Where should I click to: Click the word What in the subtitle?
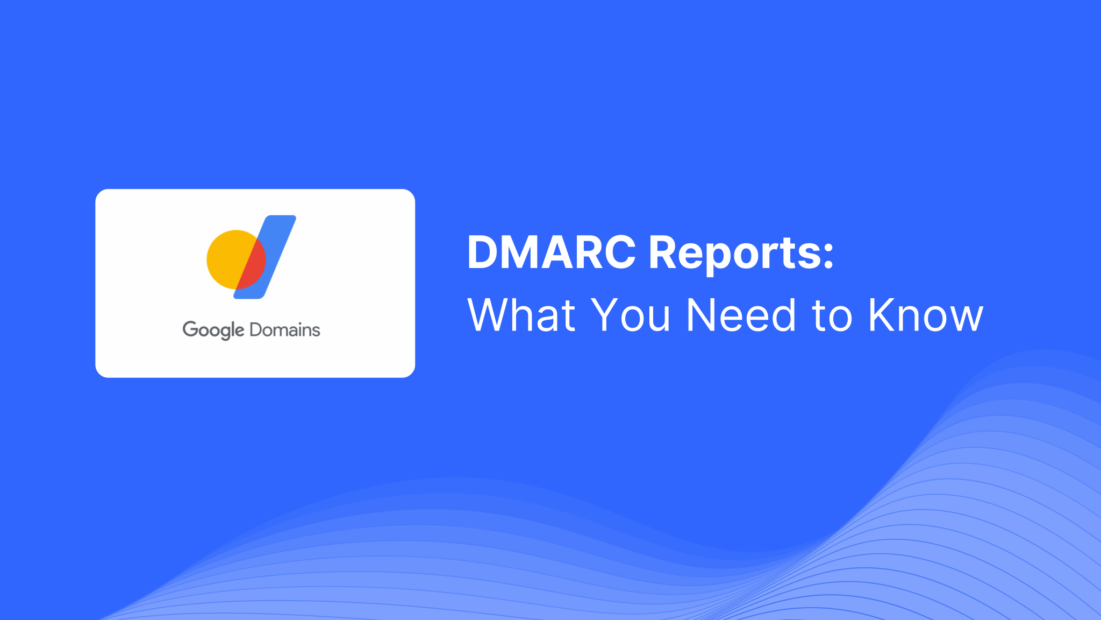[x=521, y=315]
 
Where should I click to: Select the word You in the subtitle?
[x=630, y=315]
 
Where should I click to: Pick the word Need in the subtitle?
[x=741, y=315]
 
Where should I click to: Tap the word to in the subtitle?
[x=832, y=316]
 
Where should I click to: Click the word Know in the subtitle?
[x=925, y=315]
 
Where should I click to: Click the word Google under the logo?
[x=213, y=330]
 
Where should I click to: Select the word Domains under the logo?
[x=285, y=330]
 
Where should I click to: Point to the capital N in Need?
[x=703, y=315]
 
